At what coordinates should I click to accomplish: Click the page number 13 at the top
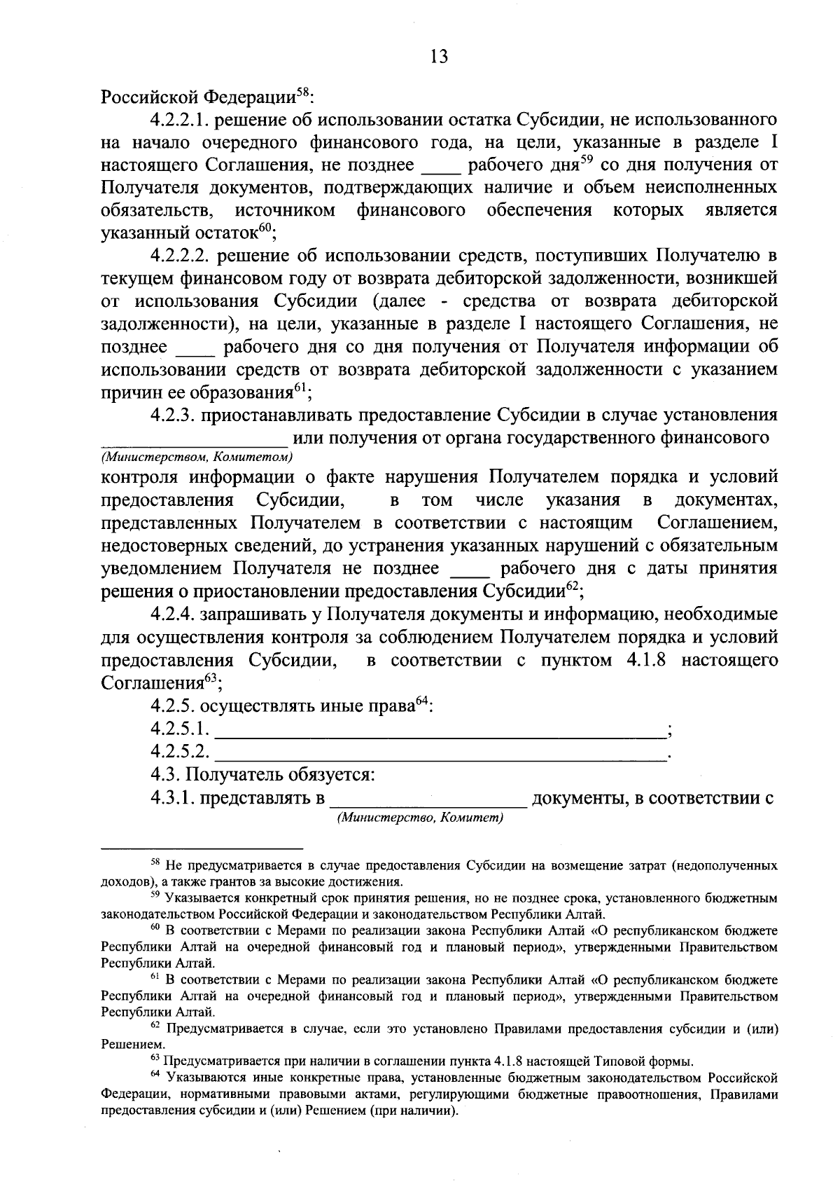[x=439, y=57]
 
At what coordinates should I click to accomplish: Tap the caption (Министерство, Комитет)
[x=420, y=818]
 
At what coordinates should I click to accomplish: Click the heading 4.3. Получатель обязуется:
[x=263, y=776]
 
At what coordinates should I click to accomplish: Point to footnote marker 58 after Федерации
[x=302, y=91]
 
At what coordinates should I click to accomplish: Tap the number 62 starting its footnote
[x=155, y=1026]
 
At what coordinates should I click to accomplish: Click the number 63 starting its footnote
[x=155, y=1058]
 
